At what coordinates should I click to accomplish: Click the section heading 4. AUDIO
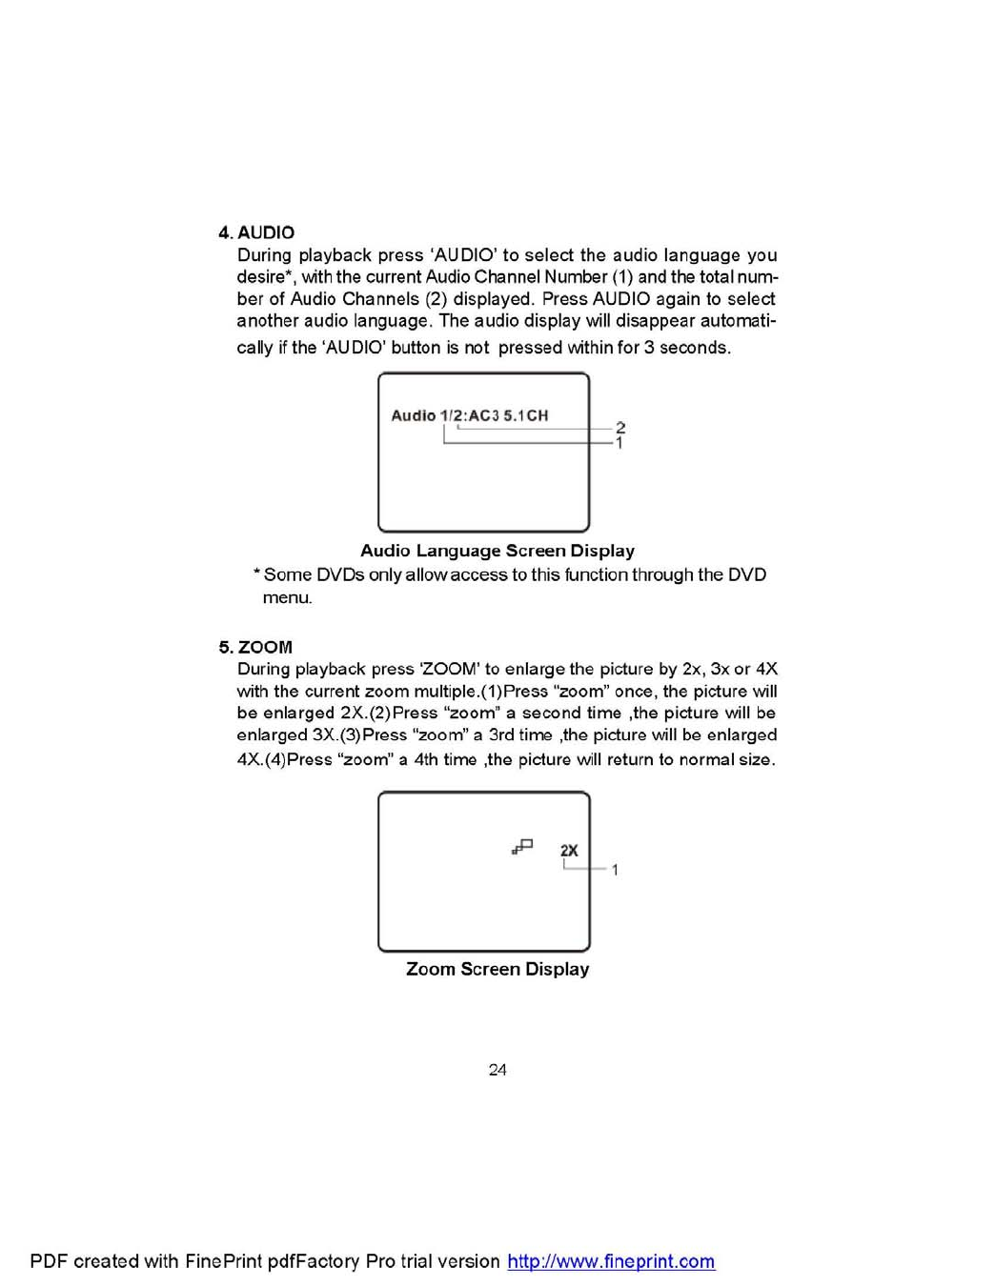tap(256, 232)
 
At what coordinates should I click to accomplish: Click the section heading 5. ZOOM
tap(255, 647)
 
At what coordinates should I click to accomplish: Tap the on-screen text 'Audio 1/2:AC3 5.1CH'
tap(469, 415)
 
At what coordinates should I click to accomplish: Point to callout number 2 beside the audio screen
tap(620, 428)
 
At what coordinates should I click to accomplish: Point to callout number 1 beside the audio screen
tap(619, 443)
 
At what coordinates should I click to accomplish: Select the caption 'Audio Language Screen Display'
tap(497, 551)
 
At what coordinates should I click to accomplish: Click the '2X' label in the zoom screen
tap(569, 850)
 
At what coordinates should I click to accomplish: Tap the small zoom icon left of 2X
tap(522, 846)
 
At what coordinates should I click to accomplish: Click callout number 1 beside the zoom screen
tap(615, 870)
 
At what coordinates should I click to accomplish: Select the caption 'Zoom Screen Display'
tap(497, 969)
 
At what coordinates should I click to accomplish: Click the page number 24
tap(497, 1070)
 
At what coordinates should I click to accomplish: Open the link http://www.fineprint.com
tap(611, 1261)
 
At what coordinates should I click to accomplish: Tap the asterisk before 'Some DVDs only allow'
tap(256, 573)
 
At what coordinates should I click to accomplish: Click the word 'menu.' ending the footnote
tap(287, 598)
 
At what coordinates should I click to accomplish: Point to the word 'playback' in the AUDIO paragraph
tap(335, 255)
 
